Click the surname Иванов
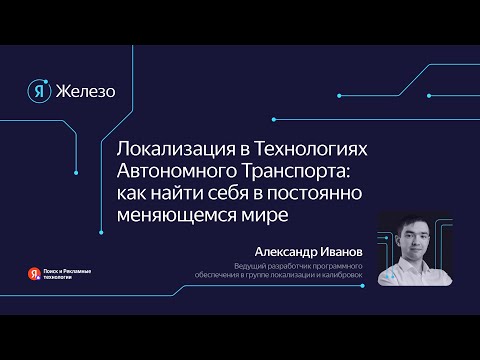pyautogui.click(x=340, y=253)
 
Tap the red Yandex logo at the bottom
pyautogui.click(x=36, y=271)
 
